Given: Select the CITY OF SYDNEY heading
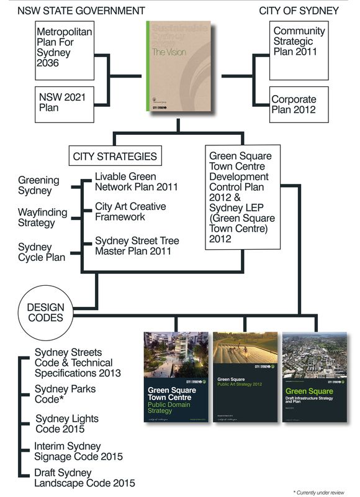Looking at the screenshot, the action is coord(300,11).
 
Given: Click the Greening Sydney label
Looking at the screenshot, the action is coord(38,185).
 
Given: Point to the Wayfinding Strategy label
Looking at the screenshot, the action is coord(42,217).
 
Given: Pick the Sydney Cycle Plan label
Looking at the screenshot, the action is coord(39,252).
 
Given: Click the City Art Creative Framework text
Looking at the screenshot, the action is coord(130,212).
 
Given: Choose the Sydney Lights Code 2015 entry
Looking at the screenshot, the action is coord(66,424).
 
